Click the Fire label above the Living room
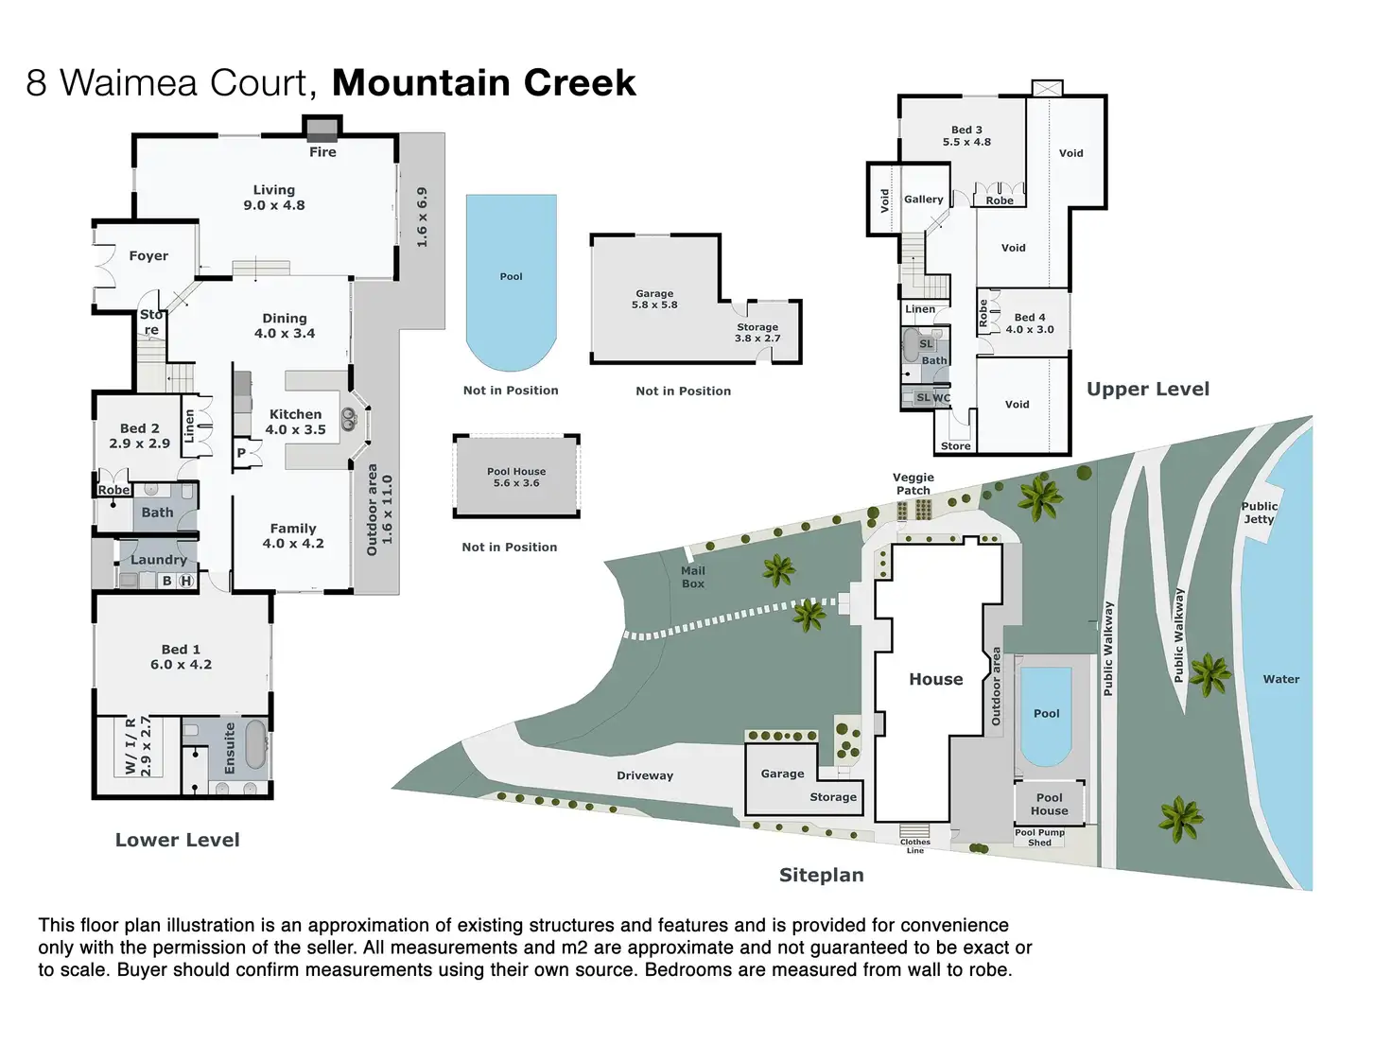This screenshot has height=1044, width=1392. (x=322, y=152)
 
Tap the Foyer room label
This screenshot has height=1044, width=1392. (x=148, y=256)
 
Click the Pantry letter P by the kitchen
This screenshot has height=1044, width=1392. (x=241, y=453)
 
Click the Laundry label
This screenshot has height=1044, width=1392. (x=159, y=560)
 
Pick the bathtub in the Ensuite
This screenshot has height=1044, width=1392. (x=255, y=745)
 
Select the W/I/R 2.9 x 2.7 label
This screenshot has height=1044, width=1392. (x=138, y=746)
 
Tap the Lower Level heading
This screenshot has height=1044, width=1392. (x=178, y=840)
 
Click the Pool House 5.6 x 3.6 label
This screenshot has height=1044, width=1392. (x=516, y=478)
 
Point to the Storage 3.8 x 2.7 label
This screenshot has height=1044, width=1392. (x=757, y=333)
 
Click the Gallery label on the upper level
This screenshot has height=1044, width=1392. (x=924, y=200)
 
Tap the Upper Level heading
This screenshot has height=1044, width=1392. (x=1148, y=390)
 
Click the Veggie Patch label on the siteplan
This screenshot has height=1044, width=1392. (x=913, y=484)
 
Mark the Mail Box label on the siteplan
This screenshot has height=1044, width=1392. (x=693, y=577)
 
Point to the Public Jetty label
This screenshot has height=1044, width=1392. (x=1260, y=513)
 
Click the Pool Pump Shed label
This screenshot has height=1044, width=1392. (x=1039, y=838)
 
